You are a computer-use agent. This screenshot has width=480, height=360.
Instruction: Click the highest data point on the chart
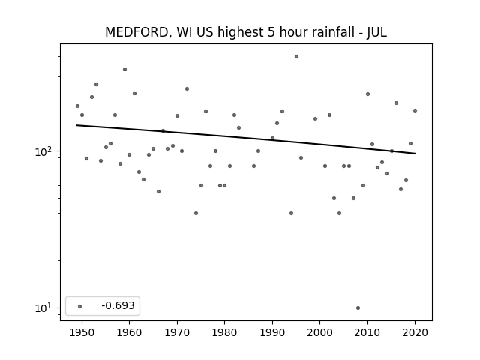click(296, 57)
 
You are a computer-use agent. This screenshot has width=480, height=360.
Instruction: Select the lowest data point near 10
click(358, 308)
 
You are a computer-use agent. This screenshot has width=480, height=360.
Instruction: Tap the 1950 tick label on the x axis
click(82, 332)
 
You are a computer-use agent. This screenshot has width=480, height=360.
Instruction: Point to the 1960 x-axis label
click(129, 332)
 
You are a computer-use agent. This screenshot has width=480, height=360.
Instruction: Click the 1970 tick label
click(177, 332)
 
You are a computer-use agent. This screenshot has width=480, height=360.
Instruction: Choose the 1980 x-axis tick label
click(224, 332)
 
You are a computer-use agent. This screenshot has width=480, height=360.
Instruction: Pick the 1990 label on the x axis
click(272, 332)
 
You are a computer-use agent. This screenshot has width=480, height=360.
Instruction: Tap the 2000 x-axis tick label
click(319, 332)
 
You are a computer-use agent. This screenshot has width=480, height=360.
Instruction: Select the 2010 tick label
click(367, 332)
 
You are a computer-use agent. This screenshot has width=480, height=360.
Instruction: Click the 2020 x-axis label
click(415, 332)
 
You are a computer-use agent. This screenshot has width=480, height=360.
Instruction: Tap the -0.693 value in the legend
click(118, 305)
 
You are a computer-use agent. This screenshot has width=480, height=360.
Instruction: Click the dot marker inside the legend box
click(80, 306)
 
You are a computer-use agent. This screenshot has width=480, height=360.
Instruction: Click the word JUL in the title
click(377, 32)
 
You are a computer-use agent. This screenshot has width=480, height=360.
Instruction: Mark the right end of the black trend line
click(415, 154)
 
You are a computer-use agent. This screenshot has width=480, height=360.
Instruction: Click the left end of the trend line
click(76, 125)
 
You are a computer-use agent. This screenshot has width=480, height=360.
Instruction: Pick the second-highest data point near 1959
click(124, 70)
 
